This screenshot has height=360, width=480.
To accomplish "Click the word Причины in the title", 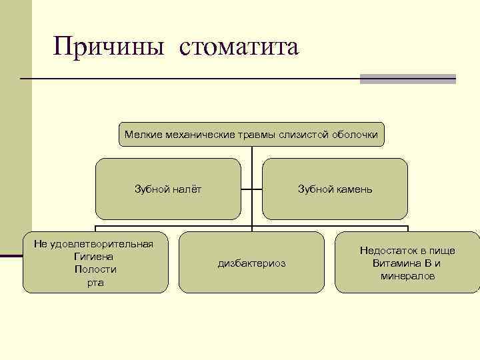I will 109,47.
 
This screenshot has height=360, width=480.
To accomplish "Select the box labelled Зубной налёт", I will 168,189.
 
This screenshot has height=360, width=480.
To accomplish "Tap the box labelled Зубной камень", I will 335,189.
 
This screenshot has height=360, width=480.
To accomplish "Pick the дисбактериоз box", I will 251,263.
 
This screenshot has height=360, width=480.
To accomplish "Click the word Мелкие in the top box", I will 139,135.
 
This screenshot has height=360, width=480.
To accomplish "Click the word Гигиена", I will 95,256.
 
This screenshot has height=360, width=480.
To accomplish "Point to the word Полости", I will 95,269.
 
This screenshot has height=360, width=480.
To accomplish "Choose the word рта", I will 95,283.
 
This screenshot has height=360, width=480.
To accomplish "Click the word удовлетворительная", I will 102,243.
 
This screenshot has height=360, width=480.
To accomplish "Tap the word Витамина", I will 396,263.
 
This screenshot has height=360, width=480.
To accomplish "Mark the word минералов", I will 407,276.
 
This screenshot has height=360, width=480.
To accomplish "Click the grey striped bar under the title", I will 407,79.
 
